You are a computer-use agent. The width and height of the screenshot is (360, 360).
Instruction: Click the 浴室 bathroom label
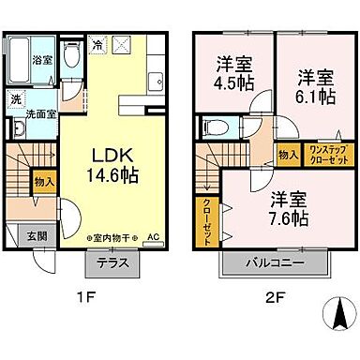[x=42, y=60]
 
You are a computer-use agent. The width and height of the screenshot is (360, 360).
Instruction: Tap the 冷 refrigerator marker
[x=97, y=43]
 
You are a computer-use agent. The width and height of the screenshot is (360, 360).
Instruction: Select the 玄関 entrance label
[x=34, y=234]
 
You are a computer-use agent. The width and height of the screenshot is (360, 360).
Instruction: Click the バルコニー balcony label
[x=274, y=262]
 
